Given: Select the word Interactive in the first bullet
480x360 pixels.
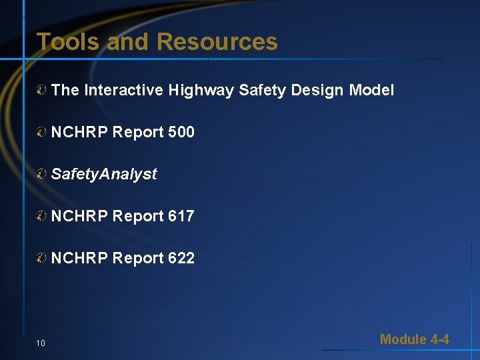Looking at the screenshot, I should tap(123, 90).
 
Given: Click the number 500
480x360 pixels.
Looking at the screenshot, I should tap(181, 132).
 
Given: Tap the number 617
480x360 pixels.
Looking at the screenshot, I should tap(181, 216).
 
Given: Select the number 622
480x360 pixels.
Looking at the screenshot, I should tap(181, 258).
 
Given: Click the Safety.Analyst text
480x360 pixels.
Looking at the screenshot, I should tap(104, 174).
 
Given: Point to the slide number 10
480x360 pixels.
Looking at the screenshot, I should tap(41, 343).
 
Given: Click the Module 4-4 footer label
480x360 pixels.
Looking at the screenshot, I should tap(414, 339).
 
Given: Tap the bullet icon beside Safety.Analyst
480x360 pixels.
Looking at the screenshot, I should tap(42, 174).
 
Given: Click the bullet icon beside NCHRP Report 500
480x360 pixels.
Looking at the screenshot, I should tap(42, 132).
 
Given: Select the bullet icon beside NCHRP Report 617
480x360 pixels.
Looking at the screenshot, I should tap(42, 216).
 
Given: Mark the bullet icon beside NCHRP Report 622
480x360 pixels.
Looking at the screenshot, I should tap(42, 258).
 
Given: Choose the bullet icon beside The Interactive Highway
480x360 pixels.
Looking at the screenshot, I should tap(42, 90).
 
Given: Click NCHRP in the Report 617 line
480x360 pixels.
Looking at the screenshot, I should tap(79, 216).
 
